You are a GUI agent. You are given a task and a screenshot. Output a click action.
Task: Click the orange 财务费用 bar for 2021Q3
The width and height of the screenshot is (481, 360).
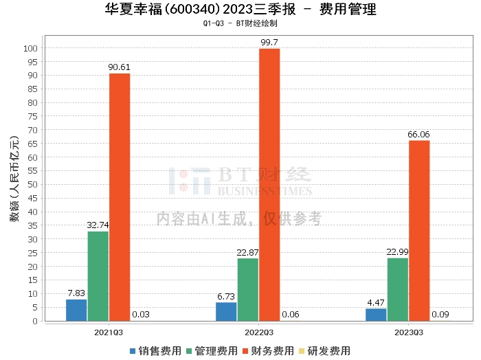(x=119, y=196)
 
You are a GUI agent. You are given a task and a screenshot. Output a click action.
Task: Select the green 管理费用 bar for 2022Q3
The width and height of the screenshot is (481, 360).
(x=247, y=289)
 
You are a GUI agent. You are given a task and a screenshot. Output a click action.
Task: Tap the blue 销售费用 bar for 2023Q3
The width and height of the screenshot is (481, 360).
(x=376, y=315)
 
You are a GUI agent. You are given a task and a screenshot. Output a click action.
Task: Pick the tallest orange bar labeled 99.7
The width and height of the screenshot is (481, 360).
(x=269, y=184)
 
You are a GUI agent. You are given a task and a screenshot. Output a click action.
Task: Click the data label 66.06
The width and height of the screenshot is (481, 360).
(x=418, y=135)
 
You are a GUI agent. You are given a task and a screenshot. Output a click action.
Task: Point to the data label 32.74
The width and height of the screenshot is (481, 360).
(x=98, y=225)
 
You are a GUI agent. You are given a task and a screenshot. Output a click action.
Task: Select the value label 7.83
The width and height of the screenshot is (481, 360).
(x=76, y=293)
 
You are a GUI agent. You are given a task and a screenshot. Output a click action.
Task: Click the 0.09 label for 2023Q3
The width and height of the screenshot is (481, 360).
(x=440, y=315)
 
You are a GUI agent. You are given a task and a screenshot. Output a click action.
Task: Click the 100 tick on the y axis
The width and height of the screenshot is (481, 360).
(x=30, y=48)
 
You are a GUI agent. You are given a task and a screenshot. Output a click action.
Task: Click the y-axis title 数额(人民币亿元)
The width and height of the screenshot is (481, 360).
(x=13, y=185)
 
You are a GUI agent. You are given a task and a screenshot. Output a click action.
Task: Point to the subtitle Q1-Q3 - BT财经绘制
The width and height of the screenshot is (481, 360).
(x=240, y=23)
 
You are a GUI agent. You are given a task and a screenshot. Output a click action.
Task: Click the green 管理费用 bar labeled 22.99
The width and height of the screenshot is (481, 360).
(x=397, y=289)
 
